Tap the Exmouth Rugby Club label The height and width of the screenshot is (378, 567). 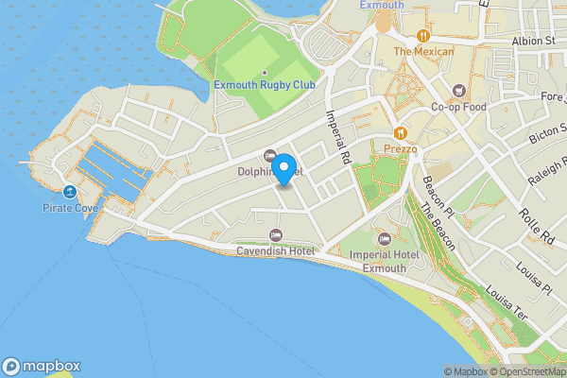[264, 85]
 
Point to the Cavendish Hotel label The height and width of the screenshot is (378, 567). [274, 251]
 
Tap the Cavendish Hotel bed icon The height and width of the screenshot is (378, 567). [275, 234]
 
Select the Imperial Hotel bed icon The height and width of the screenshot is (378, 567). [385, 235]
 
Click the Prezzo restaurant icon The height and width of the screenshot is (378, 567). [400, 133]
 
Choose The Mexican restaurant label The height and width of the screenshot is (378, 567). [423, 51]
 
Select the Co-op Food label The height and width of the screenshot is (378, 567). [458, 107]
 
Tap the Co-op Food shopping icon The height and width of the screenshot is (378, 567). [458, 91]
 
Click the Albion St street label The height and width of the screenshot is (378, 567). [534, 42]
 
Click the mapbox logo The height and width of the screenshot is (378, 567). [42, 366]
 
